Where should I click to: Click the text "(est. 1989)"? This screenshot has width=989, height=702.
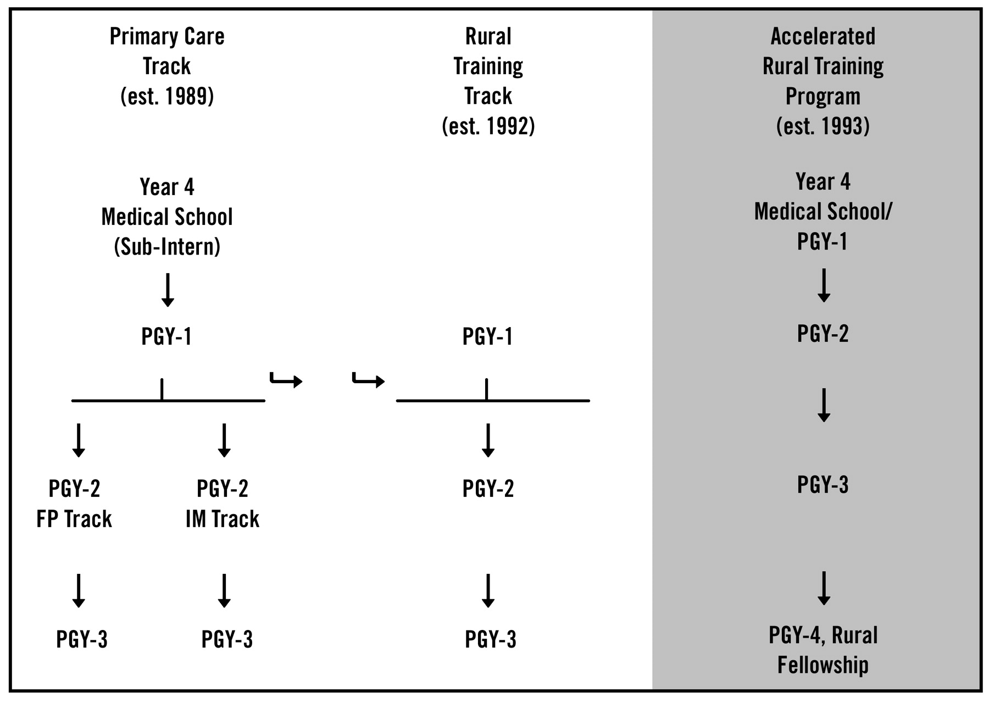[x=167, y=96]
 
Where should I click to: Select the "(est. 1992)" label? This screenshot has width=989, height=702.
[x=488, y=126]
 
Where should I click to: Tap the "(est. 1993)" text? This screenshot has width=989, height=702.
[x=823, y=126]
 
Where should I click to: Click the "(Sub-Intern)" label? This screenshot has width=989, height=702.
[x=167, y=246]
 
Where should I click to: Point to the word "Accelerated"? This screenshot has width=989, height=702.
[x=823, y=36]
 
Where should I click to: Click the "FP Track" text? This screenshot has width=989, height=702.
[x=74, y=518]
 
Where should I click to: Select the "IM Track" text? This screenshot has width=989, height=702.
[x=223, y=518]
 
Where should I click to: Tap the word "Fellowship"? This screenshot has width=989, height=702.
[x=823, y=665]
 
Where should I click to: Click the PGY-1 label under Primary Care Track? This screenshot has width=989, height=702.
[x=166, y=336]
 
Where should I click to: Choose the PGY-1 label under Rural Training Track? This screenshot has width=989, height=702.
[x=488, y=336]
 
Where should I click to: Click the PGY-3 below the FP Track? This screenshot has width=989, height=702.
[x=82, y=639]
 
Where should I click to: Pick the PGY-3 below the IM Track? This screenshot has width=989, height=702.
[x=227, y=639]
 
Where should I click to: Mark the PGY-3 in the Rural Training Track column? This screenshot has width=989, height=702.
[x=491, y=639]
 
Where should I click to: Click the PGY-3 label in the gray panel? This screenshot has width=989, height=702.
[x=823, y=484]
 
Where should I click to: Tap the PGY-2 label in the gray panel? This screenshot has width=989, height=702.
[x=823, y=333]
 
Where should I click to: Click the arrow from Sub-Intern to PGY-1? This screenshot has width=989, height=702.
[x=168, y=290]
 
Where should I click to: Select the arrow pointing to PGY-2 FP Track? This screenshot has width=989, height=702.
[x=79, y=440]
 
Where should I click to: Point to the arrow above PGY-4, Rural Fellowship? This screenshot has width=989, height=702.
[x=824, y=588]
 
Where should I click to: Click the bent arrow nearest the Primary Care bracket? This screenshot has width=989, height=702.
[x=286, y=380]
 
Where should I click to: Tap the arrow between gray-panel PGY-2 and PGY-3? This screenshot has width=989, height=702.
[x=824, y=405]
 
